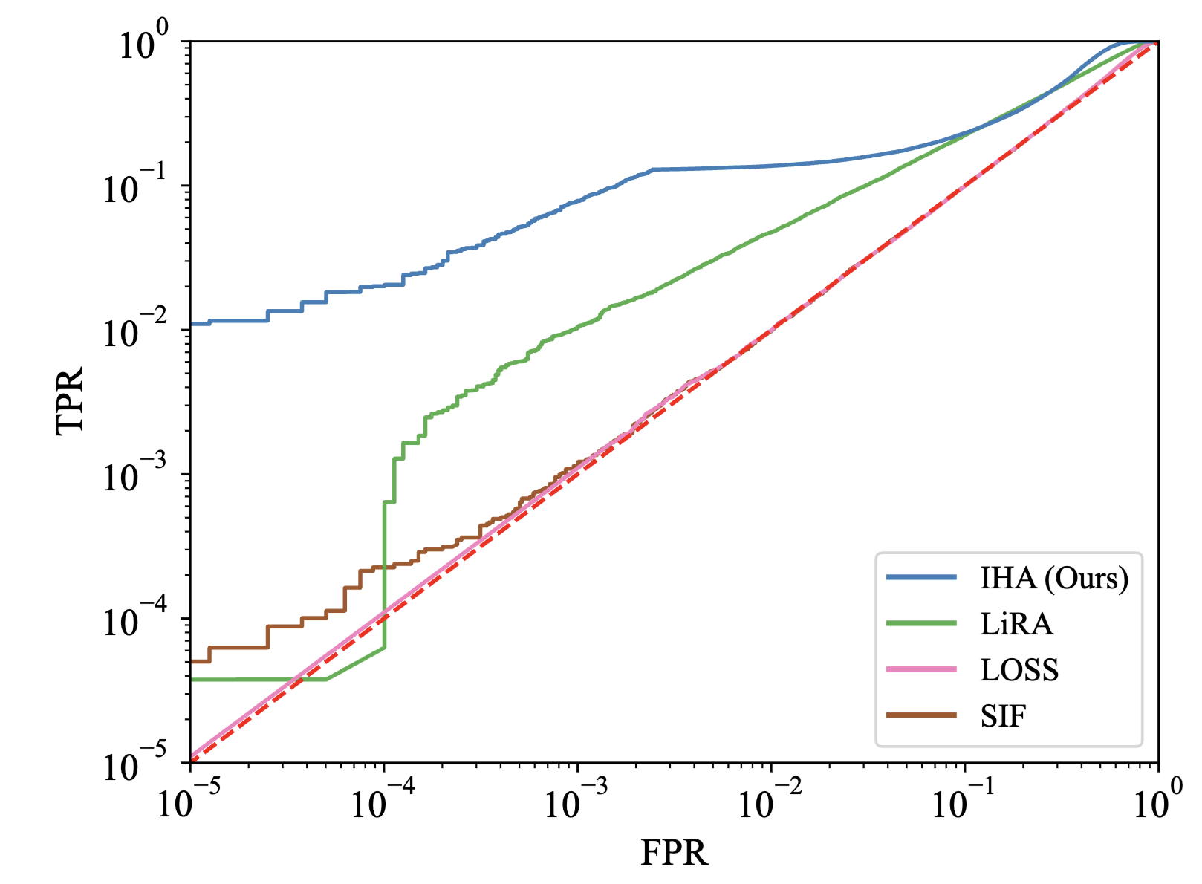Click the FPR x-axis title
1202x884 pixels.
674,853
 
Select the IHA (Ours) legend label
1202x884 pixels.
1054,578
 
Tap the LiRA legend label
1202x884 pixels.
1016,623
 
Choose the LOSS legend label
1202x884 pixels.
1019,669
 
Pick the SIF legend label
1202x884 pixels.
1003,715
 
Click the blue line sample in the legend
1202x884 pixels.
921,577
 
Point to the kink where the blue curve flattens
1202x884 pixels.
653,169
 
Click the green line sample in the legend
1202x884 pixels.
921,623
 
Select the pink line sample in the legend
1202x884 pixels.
921,669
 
